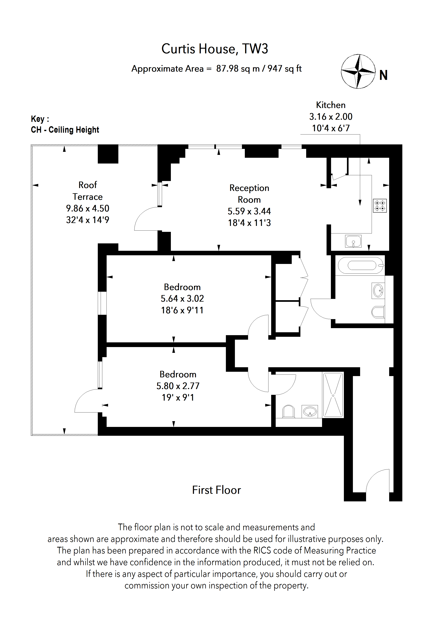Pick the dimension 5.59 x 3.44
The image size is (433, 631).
249,211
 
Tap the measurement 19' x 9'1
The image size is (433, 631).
178,398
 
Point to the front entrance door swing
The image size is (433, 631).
378,481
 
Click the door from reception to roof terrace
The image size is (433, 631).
147,219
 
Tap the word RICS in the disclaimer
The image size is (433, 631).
262,550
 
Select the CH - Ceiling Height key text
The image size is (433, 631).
65,130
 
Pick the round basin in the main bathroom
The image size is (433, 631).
378,291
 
